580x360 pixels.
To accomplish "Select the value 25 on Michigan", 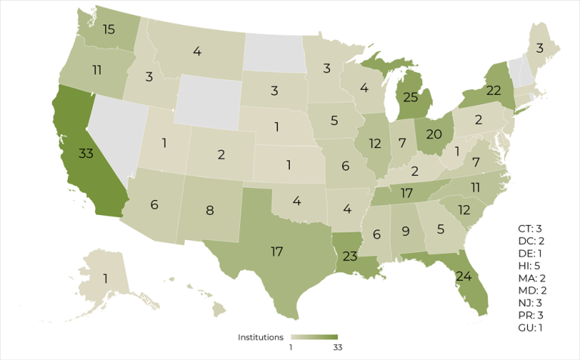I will click(410, 98).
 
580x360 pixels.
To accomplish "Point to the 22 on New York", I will click(472, 90).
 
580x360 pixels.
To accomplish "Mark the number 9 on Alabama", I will click(405, 231).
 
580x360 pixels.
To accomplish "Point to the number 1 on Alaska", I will click(105, 278).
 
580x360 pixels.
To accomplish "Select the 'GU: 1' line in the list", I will click(526, 328).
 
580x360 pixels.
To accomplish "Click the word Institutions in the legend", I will click(261, 337).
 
